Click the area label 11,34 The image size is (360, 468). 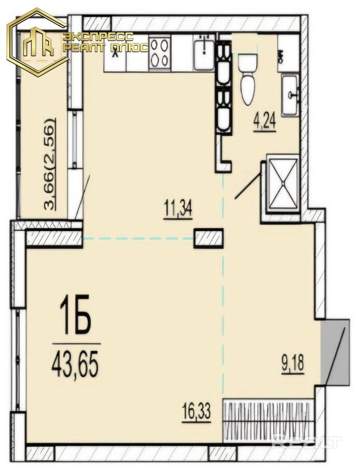pos(178,209)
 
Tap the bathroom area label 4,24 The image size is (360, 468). pos(265,121)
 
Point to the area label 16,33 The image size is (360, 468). pos(196,412)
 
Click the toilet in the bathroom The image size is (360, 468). pos(247,79)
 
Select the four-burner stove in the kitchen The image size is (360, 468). pos(159,53)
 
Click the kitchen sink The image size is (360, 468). pos(204,51)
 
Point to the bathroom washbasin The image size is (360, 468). pos(290,95)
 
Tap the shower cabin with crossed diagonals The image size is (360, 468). pos(283,184)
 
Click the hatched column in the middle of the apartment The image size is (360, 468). pos(209,238)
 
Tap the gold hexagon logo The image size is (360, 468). pos(38,42)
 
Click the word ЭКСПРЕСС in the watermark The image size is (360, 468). pos(98,37)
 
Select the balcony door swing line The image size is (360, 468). pos(82,197)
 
